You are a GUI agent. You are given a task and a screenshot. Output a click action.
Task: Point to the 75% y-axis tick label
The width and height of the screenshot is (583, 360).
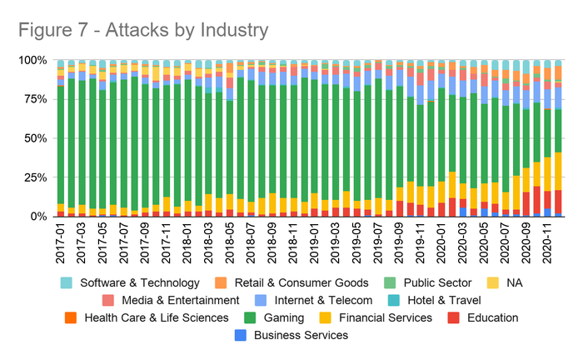(x=33, y=99)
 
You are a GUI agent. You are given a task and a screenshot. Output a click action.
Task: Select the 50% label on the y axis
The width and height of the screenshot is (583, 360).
(x=33, y=138)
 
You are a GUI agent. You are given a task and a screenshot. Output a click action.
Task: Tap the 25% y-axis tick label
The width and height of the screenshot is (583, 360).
(x=33, y=177)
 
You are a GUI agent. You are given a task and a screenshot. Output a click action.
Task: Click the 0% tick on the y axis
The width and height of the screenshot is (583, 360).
(x=37, y=217)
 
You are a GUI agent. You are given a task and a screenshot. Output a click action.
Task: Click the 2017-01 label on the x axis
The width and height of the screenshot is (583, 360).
(x=61, y=242)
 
